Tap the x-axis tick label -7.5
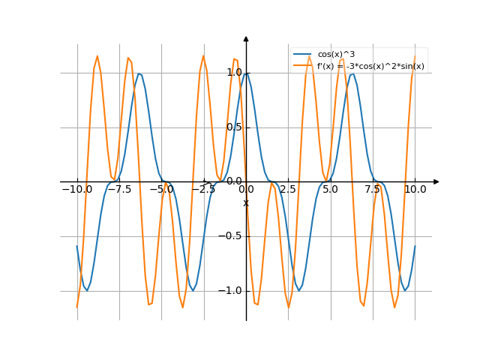(119, 190)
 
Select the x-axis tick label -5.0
(161, 190)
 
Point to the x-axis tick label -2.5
(203, 190)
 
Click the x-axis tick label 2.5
(288, 190)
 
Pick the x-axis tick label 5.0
(330, 190)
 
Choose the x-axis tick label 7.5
(373, 190)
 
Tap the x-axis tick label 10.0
(415, 190)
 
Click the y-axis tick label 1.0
(233, 73)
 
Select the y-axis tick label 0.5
(233, 127)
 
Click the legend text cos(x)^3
(336, 55)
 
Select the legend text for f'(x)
(370, 66)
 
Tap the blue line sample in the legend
(302, 55)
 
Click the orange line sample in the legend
(302, 66)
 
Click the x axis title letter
(245, 202)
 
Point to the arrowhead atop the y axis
(246, 38)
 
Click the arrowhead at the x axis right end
(436, 181)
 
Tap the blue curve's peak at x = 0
(246, 73)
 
